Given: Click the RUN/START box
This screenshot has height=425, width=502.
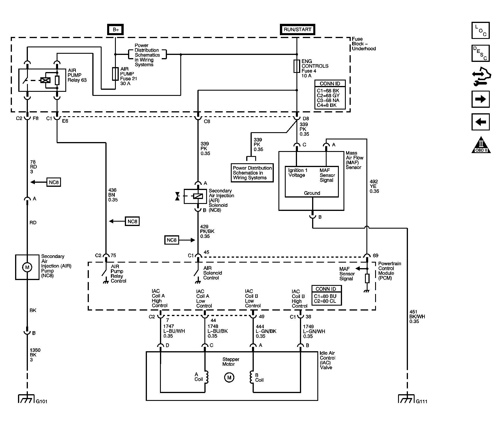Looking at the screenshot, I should point(297,30).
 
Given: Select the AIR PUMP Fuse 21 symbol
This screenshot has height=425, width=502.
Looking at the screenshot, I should point(115,74).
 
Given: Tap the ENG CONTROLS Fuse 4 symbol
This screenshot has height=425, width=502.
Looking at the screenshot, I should point(297,66).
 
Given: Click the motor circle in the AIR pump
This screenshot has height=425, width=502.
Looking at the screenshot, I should point(27,267).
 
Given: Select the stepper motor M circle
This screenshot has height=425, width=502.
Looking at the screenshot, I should point(229,377).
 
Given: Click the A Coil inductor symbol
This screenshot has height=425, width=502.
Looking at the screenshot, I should point(207,377).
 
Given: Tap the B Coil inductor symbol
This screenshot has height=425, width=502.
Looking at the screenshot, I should point(251,377).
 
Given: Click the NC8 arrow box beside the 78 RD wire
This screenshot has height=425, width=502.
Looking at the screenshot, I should point(54,182).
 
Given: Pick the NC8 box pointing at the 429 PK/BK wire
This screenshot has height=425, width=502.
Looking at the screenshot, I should point(172,240).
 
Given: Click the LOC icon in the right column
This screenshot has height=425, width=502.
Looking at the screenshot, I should point(480,31).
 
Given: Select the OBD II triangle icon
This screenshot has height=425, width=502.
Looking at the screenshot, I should point(481,145).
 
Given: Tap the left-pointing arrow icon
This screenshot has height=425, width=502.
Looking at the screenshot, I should point(481,122).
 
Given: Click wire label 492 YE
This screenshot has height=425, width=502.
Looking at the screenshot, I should point(374,186).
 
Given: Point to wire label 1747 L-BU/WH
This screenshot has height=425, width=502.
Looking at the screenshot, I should point(174,331).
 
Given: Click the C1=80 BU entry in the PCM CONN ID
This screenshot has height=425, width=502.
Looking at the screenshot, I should point(325,296).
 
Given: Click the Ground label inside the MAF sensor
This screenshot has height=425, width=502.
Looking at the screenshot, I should point(312,193).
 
